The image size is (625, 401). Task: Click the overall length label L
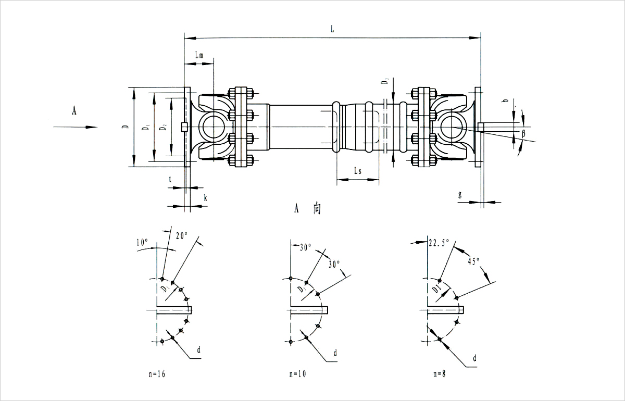[x=332, y=29]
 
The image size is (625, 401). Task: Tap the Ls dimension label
[x=357, y=171]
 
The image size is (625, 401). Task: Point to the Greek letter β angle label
[x=523, y=134]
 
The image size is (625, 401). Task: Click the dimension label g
[x=460, y=194]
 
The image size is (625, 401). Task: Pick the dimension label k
[x=205, y=198]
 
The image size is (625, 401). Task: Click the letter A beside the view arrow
[x=74, y=110]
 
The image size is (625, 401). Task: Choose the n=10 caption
[x=298, y=373]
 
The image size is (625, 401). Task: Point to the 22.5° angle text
[x=439, y=243]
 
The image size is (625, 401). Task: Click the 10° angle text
[x=142, y=242]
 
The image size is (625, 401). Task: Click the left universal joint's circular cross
[x=213, y=127]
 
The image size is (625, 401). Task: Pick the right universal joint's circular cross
[x=451, y=127]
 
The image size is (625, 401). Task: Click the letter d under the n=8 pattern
[x=474, y=358]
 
